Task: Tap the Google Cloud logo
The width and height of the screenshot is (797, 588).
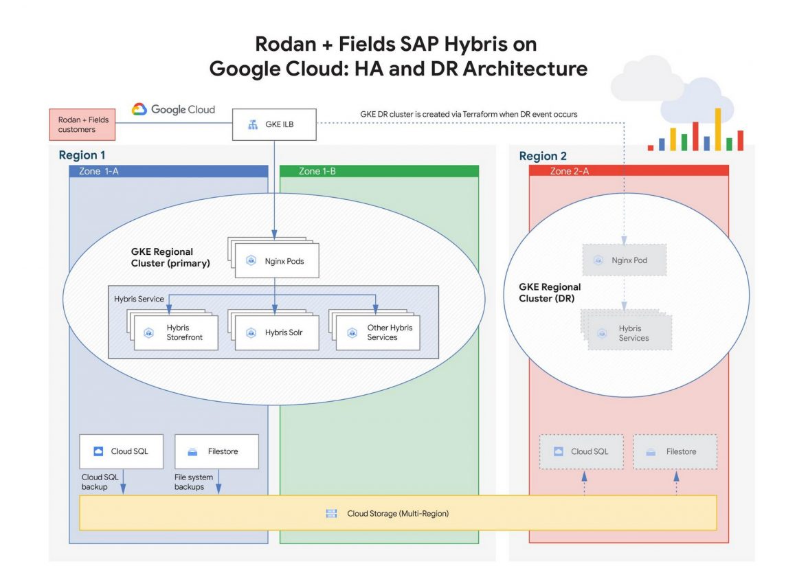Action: (x=173, y=109)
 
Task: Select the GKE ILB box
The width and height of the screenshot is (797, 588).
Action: (x=274, y=124)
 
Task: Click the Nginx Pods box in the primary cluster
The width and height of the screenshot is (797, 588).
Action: (x=276, y=261)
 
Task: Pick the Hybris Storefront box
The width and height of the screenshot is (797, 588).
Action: (x=177, y=332)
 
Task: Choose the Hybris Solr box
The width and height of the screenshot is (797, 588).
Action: (x=274, y=332)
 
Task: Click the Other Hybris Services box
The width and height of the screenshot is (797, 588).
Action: (x=377, y=332)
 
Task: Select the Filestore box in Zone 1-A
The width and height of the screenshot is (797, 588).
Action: (x=216, y=451)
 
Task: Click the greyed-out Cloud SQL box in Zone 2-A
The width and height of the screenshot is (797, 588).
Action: (x=581, y=451)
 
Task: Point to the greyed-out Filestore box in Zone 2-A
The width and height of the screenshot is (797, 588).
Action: (x=675, y=451)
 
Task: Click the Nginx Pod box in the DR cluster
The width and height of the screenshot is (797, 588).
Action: (x=624, y=260)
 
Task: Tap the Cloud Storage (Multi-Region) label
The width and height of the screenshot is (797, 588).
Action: (x=397, y=513)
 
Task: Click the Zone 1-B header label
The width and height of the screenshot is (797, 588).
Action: (x=317, y=171)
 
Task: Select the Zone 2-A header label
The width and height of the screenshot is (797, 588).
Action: (x=569, y=171)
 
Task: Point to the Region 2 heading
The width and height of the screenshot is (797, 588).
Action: (x=543, y=156)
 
